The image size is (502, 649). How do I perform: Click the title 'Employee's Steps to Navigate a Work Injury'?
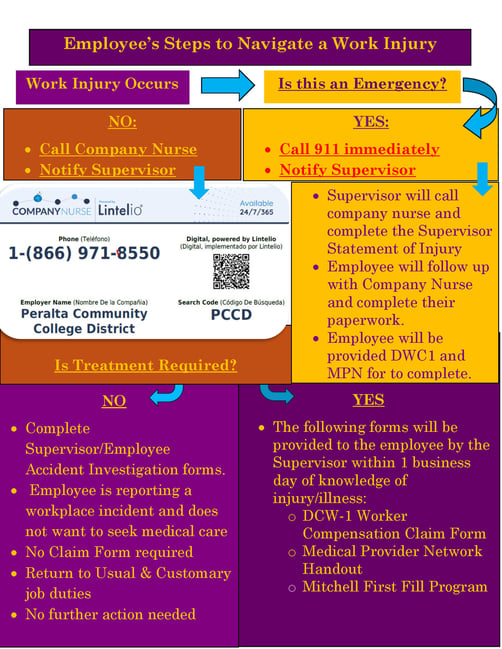pyautogui.click(x=250, y=44)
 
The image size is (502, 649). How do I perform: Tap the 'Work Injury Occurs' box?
pyautogui.click(x=102, y=84)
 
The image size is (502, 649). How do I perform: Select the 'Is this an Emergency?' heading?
pyautogui.click(x=361, y=84)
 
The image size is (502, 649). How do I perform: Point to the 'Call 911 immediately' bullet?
pyautogui.click(x=359, y=149)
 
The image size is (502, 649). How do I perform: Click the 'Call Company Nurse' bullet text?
pyautogui.click(x=118, y=149)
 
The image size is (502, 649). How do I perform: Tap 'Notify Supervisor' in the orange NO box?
pyautogui.click(x=107, y=170)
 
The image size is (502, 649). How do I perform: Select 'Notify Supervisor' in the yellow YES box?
pyautogui.click(x=347, y=170)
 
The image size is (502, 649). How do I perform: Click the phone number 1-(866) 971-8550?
pyautogui.click(x=84, y=254)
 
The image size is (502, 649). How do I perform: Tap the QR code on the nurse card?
pyautogui.click(x=231, y=270)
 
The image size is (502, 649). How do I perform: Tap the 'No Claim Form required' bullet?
pyautogui.click(x=109, y=552)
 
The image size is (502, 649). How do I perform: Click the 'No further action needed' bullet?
pyautogui.click(x=110, y=614)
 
